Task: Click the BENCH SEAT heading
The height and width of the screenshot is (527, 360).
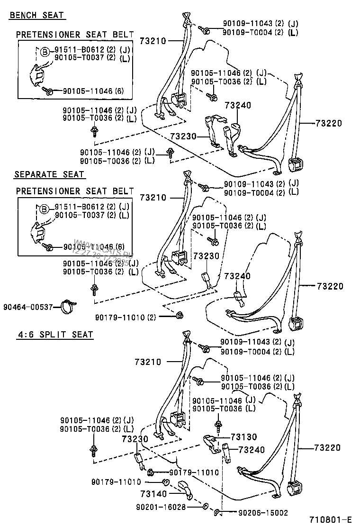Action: coord(37,15)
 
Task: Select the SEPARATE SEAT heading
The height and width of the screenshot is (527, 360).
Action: coord(49,174)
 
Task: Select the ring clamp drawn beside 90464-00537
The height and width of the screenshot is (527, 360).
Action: coord(69,307)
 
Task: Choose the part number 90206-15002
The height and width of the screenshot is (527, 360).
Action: coord(262,513)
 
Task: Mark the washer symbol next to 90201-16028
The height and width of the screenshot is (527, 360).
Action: coord(205,507)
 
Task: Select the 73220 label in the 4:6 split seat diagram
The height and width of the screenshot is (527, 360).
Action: coord(330,447)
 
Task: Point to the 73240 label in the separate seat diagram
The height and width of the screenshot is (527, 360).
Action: coord(237,276)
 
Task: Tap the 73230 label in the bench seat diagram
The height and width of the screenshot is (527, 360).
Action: coord(184,136)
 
